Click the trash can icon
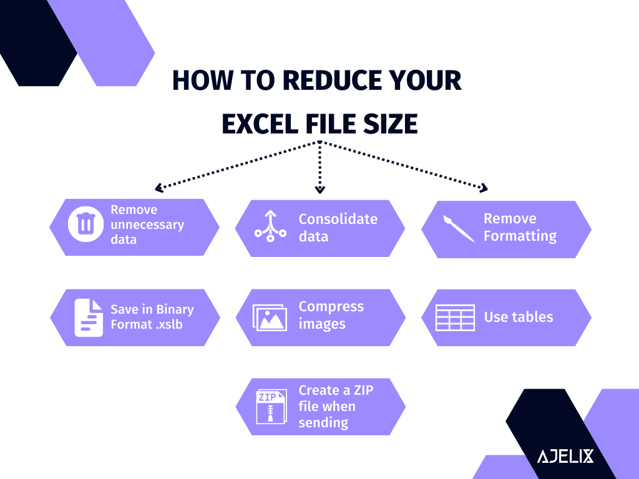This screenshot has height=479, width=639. pyautogui.click(x=85, y=226)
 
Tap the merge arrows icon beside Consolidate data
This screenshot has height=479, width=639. pyautogui.click(x=270, y=226)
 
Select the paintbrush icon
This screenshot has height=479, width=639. pyautogui.click(x=459, y=228)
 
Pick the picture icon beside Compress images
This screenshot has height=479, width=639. pyautogui.click(x=270, y=317)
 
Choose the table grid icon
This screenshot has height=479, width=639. pyautogui.click(x=455, y=317)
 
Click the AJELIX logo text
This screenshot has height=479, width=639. pyautogui.click(x=565, y=456)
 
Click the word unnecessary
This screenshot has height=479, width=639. pyautogui.click(x=147, y=225)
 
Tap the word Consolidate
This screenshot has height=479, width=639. pyautogui.click(x=338, y=219)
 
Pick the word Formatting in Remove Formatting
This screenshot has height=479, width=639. pyautogui.click(x=520, y=236)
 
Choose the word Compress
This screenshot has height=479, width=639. pyautogui.click(x=331, y=306)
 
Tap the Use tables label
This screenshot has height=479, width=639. pyautogui.click(x=518, y=317)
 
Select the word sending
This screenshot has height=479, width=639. pyautogui.click(x=323, y=422)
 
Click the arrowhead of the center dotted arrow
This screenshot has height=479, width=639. pyautogui.click(x=319, y=189)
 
